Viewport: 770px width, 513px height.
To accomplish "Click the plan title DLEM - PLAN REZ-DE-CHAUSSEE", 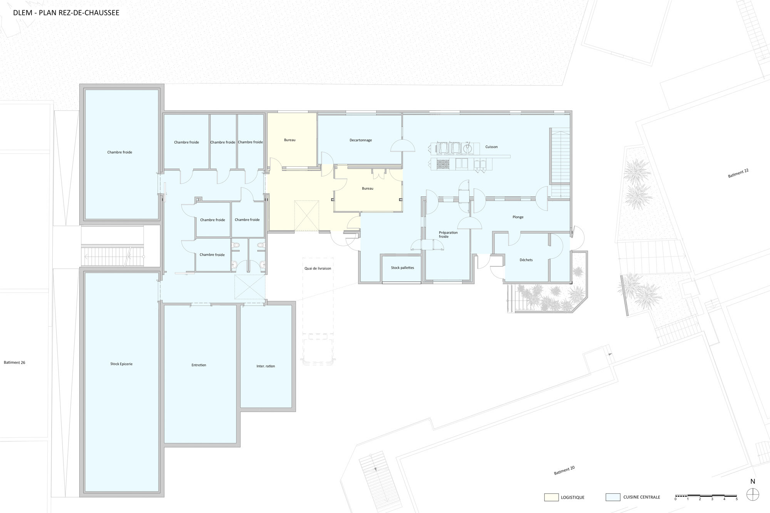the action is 66,13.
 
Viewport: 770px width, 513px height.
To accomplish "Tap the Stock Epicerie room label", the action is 121,364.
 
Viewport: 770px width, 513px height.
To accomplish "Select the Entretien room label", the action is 199,365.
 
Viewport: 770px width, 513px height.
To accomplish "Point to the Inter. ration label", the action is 266,366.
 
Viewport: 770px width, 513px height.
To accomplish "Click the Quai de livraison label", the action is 318,268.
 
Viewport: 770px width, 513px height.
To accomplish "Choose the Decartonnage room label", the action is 361,140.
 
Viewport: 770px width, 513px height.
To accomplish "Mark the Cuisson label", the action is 491,147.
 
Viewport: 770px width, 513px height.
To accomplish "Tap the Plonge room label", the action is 518,217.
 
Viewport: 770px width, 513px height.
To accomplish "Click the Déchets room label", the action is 526,260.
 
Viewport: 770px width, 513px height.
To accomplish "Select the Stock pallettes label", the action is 402,267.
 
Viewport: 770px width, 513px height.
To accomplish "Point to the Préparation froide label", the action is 448,234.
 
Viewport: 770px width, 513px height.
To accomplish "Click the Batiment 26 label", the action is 15,363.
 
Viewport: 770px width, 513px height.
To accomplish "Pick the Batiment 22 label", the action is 738,173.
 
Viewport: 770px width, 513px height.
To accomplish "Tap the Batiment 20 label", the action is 564,470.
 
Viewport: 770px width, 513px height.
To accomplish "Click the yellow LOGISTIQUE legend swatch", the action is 551,497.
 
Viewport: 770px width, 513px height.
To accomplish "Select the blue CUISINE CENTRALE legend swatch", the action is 613,497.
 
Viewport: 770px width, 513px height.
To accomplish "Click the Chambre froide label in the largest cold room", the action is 120,152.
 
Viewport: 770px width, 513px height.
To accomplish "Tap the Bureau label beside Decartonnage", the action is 290,140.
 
